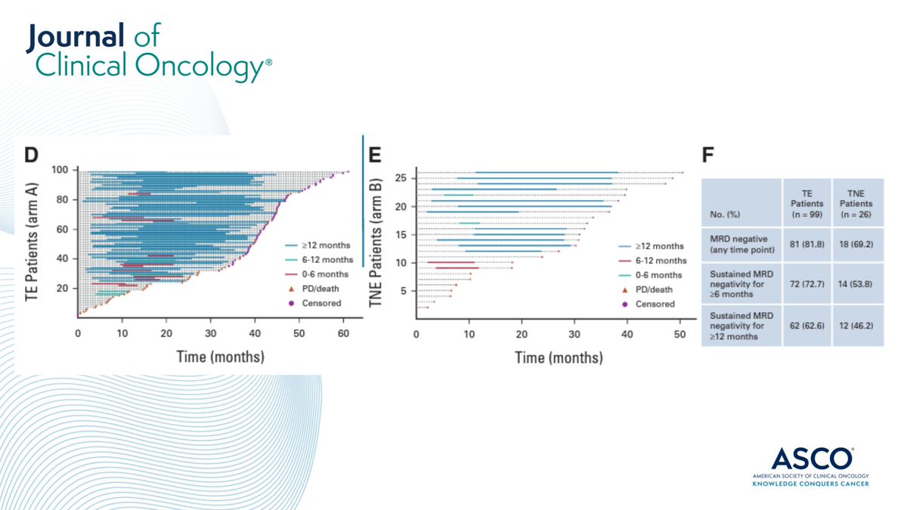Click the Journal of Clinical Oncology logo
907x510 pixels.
coord(148,51)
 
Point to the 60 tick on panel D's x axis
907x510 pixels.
coord(344,332)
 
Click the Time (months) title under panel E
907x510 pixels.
coord(559,357)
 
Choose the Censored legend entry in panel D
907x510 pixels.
coord(314,303)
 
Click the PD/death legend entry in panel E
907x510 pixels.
coord(651,289)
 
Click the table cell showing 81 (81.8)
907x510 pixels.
coord(806,241)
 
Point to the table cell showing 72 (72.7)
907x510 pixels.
coord(806,283)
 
